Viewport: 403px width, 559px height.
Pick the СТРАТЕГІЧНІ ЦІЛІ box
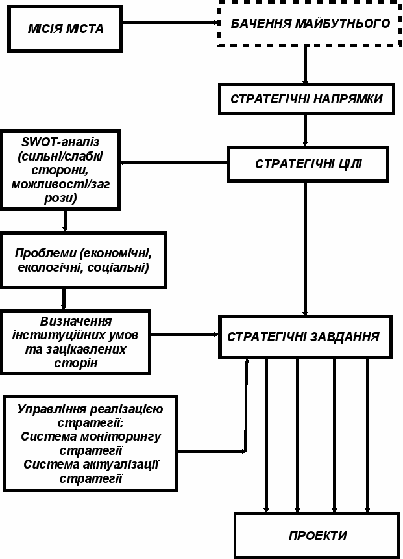(308, 164)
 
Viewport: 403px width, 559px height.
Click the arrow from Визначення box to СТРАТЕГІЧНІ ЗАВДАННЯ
(186, 335)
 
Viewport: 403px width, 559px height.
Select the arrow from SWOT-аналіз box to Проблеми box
(65, 220)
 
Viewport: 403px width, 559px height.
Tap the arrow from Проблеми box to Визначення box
(64, 299)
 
